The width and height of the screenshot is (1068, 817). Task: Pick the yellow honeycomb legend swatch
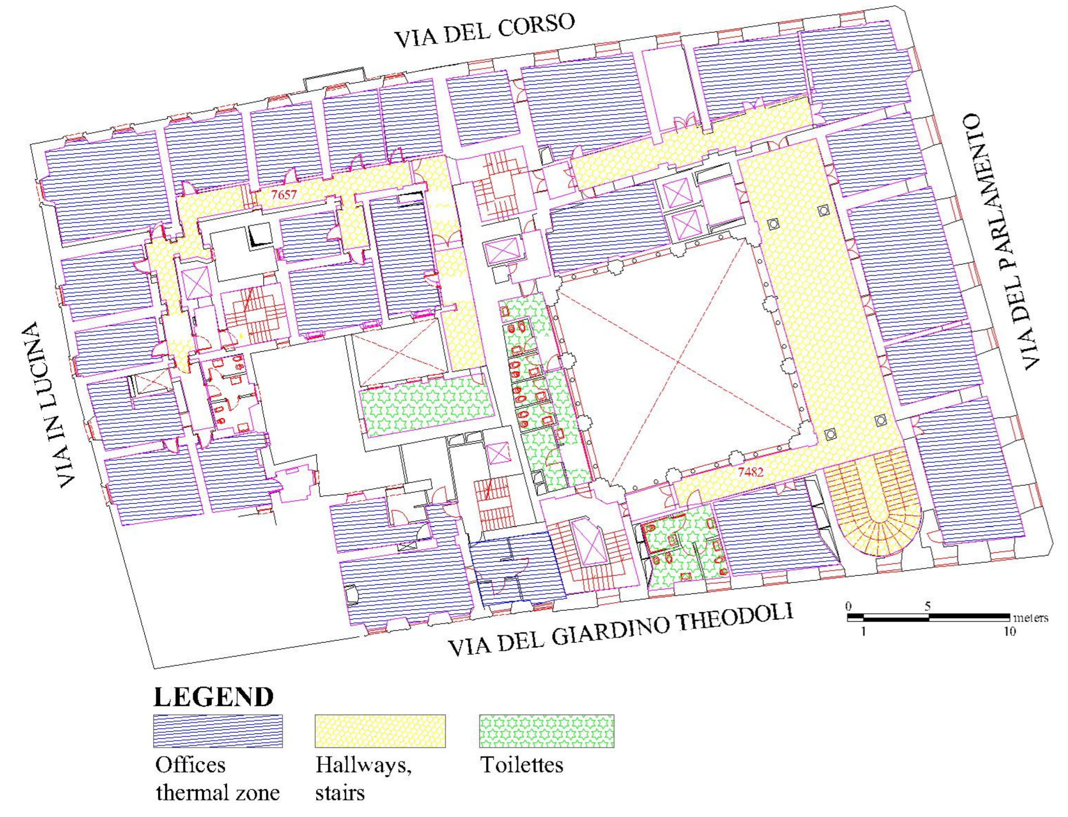pos(380,730)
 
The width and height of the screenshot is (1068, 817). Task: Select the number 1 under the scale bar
pos(863,632)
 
